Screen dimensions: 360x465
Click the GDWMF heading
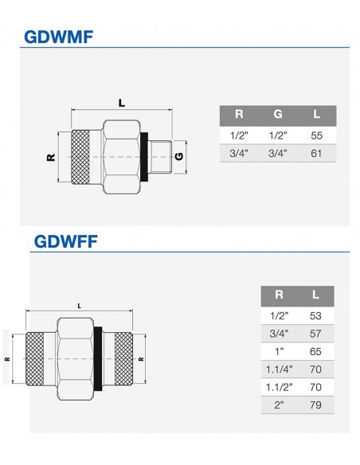(58, 37)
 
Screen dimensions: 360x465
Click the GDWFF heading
(65, 241)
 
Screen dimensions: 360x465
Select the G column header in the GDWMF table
(277, 114)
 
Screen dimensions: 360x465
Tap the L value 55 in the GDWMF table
(316, 135)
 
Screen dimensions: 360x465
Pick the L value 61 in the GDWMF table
(316, 154)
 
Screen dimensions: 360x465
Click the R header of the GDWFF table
(279, 295)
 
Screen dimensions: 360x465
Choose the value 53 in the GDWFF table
(315, 316)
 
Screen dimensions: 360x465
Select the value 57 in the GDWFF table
(315, 334)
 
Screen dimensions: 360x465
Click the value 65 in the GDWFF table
(315, 351)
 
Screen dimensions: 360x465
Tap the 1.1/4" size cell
(279, 369)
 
